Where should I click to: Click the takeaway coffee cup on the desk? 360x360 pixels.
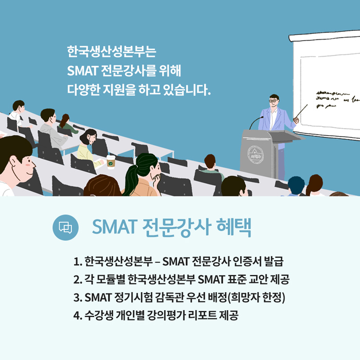tap(111, 161)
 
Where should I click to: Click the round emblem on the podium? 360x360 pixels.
tap(255, 155)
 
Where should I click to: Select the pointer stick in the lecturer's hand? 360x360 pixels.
tap(301, 112)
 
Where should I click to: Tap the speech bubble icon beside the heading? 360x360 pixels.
tap(65, 227)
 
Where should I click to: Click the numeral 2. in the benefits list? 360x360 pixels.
tap(78, 280)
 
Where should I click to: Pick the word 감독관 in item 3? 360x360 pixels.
tap(169, 298)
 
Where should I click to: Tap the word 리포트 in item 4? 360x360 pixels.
tap(202, 315)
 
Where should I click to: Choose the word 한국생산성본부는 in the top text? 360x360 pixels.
tap(112, 51)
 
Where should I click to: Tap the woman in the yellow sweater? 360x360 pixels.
tap(88, 147)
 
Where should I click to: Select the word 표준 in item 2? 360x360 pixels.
tap(236, 280)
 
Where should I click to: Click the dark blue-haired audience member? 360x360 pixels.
tap(296, 186)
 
